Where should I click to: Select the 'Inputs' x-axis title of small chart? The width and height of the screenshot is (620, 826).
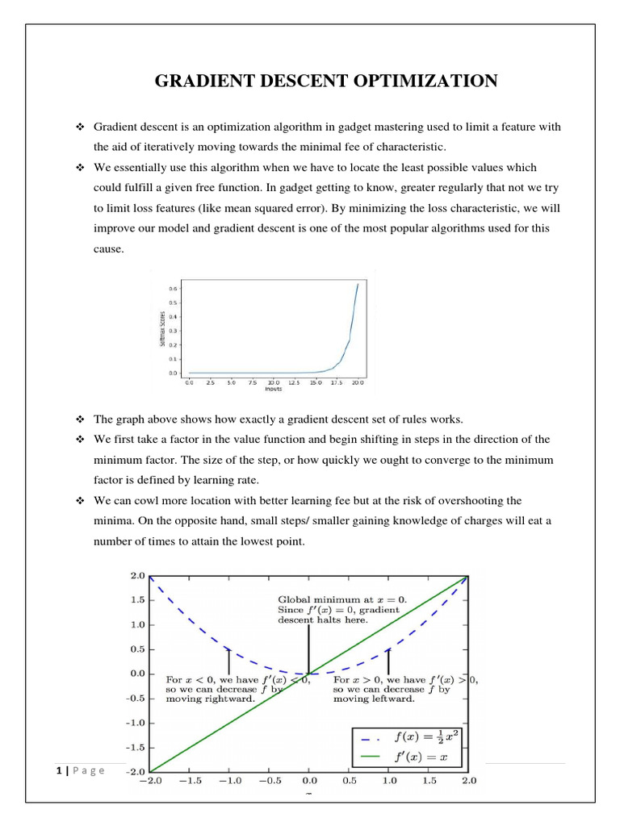(273, 389)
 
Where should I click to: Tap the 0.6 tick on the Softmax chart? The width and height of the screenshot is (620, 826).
(172, 288)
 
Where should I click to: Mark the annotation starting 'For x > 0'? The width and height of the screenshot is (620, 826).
(404, 689)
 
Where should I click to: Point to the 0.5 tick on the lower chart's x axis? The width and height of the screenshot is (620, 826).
(349, 781)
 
